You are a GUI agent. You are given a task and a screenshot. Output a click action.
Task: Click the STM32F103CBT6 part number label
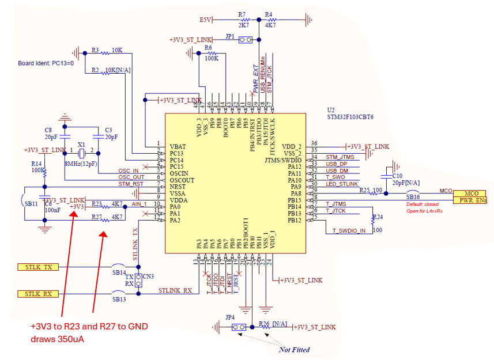point(350,116)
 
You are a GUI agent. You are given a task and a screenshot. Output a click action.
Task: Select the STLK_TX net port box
point(39,267)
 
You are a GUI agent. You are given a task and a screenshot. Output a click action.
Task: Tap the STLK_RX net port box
point(39,294)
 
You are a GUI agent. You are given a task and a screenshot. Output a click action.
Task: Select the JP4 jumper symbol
point(237,327)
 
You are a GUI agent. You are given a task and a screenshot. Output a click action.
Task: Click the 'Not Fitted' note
point(295,350)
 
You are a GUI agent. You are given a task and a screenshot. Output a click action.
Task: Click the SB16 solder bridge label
point(413,196)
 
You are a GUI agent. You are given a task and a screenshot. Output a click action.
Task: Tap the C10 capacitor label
point(397,175)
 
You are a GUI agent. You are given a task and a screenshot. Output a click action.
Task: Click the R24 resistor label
point(378,217)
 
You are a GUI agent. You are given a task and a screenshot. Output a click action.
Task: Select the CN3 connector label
point(148,276)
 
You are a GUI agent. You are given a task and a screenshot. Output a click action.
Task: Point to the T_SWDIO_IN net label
point(349,230)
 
